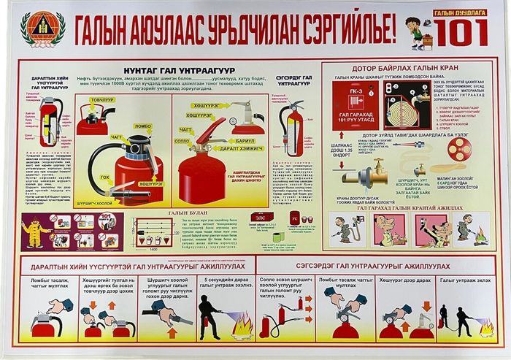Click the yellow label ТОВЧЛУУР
[101, 99]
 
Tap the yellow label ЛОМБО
[143, 126]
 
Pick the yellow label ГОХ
[104, 175]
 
